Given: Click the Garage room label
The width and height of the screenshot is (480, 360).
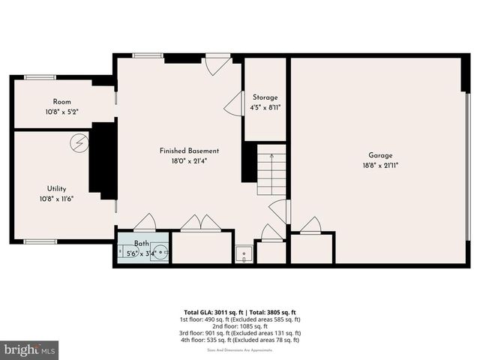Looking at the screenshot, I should pyautogui.click(x=380, y=155).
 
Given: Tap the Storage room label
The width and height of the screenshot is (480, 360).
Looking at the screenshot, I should pyautogui.click(x=265, y=97).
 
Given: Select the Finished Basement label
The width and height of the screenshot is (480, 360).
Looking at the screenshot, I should pyautogui.click(x=189, y=151).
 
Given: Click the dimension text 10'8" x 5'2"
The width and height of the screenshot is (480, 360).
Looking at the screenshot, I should pyautogui.click(x=61, y=112).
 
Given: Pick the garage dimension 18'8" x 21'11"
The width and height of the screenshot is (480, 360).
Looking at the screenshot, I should pyautogui.click(x=380, y=165).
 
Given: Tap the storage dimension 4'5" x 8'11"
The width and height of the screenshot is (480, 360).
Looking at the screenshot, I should pyautogui.click(x=265, y=107).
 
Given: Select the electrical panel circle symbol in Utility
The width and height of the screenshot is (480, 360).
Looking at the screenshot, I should pyautogui.click(x=78, y=142).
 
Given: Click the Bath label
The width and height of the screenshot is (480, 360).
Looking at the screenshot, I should pyautogui.click(x=142, y=244).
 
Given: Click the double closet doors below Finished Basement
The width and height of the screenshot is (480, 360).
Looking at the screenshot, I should pyautogui.click(x=200, y=223).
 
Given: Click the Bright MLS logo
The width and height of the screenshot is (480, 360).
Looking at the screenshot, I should pyautogui.click(x=30, y=349).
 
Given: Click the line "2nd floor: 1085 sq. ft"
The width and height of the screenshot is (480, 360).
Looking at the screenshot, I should pyautogui.click(x=239, y=326).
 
